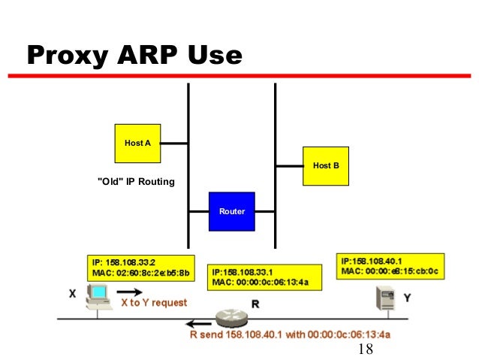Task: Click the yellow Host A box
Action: coord(137,143)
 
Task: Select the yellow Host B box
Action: coord(326,165)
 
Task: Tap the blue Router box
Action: coord(232,211)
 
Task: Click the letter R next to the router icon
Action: coord(255,305)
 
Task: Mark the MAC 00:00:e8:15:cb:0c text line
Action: coord(389,271)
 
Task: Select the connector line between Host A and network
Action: coord(174,143)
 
